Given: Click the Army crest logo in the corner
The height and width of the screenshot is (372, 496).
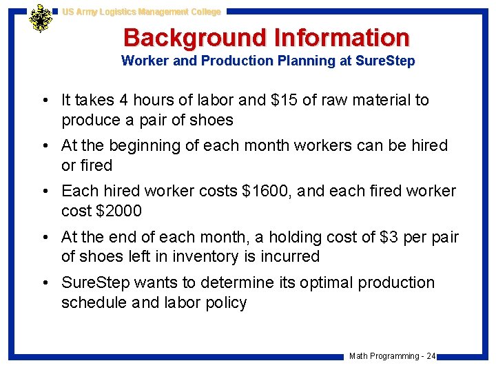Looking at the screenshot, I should tap(41, 19).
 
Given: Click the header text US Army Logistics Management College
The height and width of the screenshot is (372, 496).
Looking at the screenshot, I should tap(141, 12).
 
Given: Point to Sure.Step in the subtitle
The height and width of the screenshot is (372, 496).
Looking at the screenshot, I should tap(385, 61).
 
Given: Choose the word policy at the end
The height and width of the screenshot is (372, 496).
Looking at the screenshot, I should tap(225, 302).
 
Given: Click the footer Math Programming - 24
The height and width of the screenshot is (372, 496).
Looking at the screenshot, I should tap(392, 356).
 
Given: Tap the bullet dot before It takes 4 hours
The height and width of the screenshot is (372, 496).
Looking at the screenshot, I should tap(45, 101).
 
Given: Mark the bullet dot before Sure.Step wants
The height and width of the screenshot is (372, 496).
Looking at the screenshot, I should tap(45, 283).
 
